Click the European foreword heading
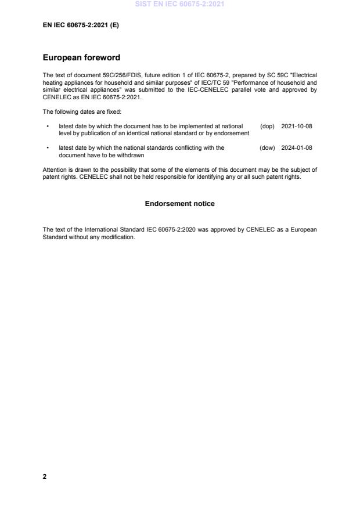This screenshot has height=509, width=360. [81, 58]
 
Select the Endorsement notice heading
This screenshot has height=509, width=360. [179, 204]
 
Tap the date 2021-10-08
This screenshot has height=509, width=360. [297, 126]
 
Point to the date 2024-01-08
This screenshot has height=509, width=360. [297, 148]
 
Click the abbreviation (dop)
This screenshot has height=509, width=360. [267, 126]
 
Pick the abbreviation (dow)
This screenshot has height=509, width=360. [267, 148]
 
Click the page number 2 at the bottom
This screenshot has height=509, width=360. [45, 476]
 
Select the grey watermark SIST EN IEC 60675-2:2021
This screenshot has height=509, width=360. [179, 4]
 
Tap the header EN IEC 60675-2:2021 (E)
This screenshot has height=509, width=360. [81, 25]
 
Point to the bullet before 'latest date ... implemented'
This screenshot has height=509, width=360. [47, 126]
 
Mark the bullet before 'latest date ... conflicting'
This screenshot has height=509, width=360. [47, 148]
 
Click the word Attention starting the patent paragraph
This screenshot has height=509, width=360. [55, 169]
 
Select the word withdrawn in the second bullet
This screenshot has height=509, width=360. [131, 155]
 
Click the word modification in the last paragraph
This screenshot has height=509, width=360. [118, 237]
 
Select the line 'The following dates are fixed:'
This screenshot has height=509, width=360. [82, 111]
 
